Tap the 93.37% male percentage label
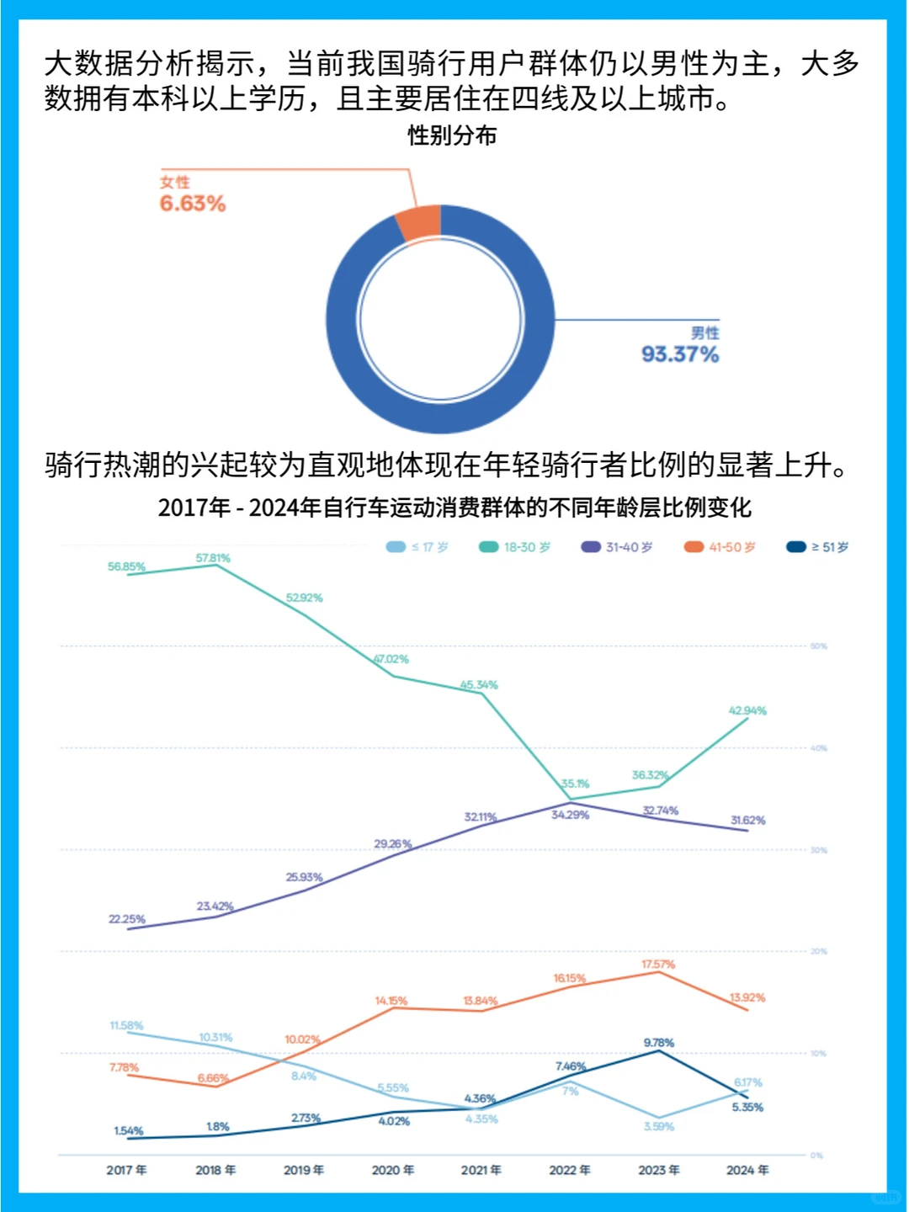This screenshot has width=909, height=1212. [680, 354]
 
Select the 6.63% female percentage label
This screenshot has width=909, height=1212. [193, 204]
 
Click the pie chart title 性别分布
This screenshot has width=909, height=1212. [452, 136]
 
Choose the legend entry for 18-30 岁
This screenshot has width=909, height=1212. [515, 547]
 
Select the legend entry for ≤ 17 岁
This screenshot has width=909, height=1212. [417, 547]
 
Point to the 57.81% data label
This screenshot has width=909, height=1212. [213, 558]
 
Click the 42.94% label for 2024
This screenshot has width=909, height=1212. [747, 710]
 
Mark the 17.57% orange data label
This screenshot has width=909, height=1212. [658, 965]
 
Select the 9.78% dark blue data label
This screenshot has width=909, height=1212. [658, 1043]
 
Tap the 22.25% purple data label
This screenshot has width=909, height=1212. [127, 919]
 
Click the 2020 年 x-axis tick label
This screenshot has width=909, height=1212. [393, 1170]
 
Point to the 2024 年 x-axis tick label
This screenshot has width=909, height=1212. [747, 1170]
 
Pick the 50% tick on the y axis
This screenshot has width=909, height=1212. [818, 646]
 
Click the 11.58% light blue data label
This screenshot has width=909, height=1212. [126, 1025]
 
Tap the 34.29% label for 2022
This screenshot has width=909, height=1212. [570, 815]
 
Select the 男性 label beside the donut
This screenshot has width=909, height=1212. [704, 333]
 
